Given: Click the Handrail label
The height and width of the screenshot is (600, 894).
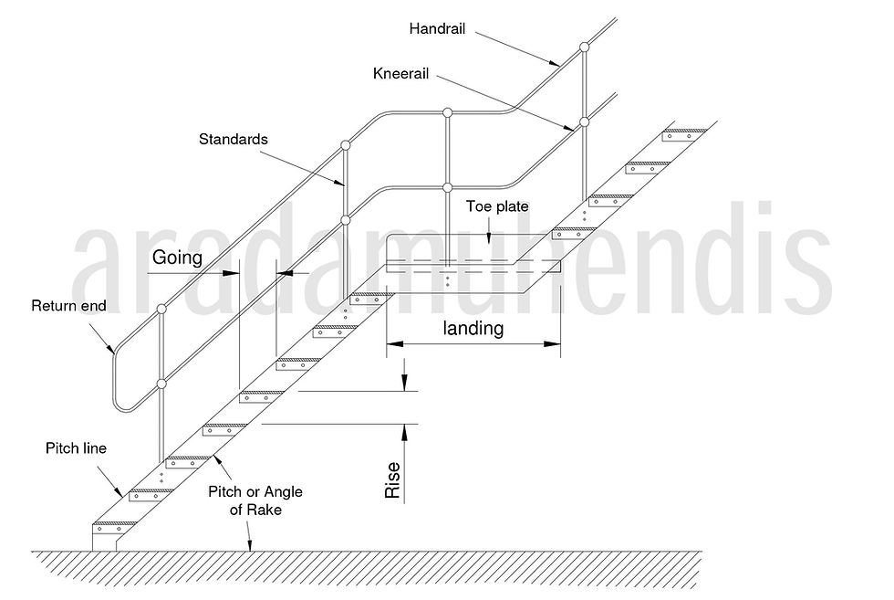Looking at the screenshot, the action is pos(438,29).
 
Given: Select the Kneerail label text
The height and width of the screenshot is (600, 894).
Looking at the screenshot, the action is pos(402,72).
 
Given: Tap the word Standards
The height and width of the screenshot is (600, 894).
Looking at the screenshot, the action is pos(234,140).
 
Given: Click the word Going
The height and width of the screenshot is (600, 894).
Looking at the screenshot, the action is pos(177,258).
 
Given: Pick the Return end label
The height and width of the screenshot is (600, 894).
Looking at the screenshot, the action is pos(68,306).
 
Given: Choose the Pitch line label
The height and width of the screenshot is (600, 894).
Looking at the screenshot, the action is pos(76,448).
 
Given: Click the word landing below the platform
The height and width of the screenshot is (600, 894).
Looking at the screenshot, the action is pos(473,329).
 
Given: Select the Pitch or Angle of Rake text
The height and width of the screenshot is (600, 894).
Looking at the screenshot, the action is pos(255,500).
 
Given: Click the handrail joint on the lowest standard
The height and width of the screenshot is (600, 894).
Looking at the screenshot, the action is pos(161,309).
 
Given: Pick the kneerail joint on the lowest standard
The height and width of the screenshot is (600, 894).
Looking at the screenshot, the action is pos(161,384).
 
